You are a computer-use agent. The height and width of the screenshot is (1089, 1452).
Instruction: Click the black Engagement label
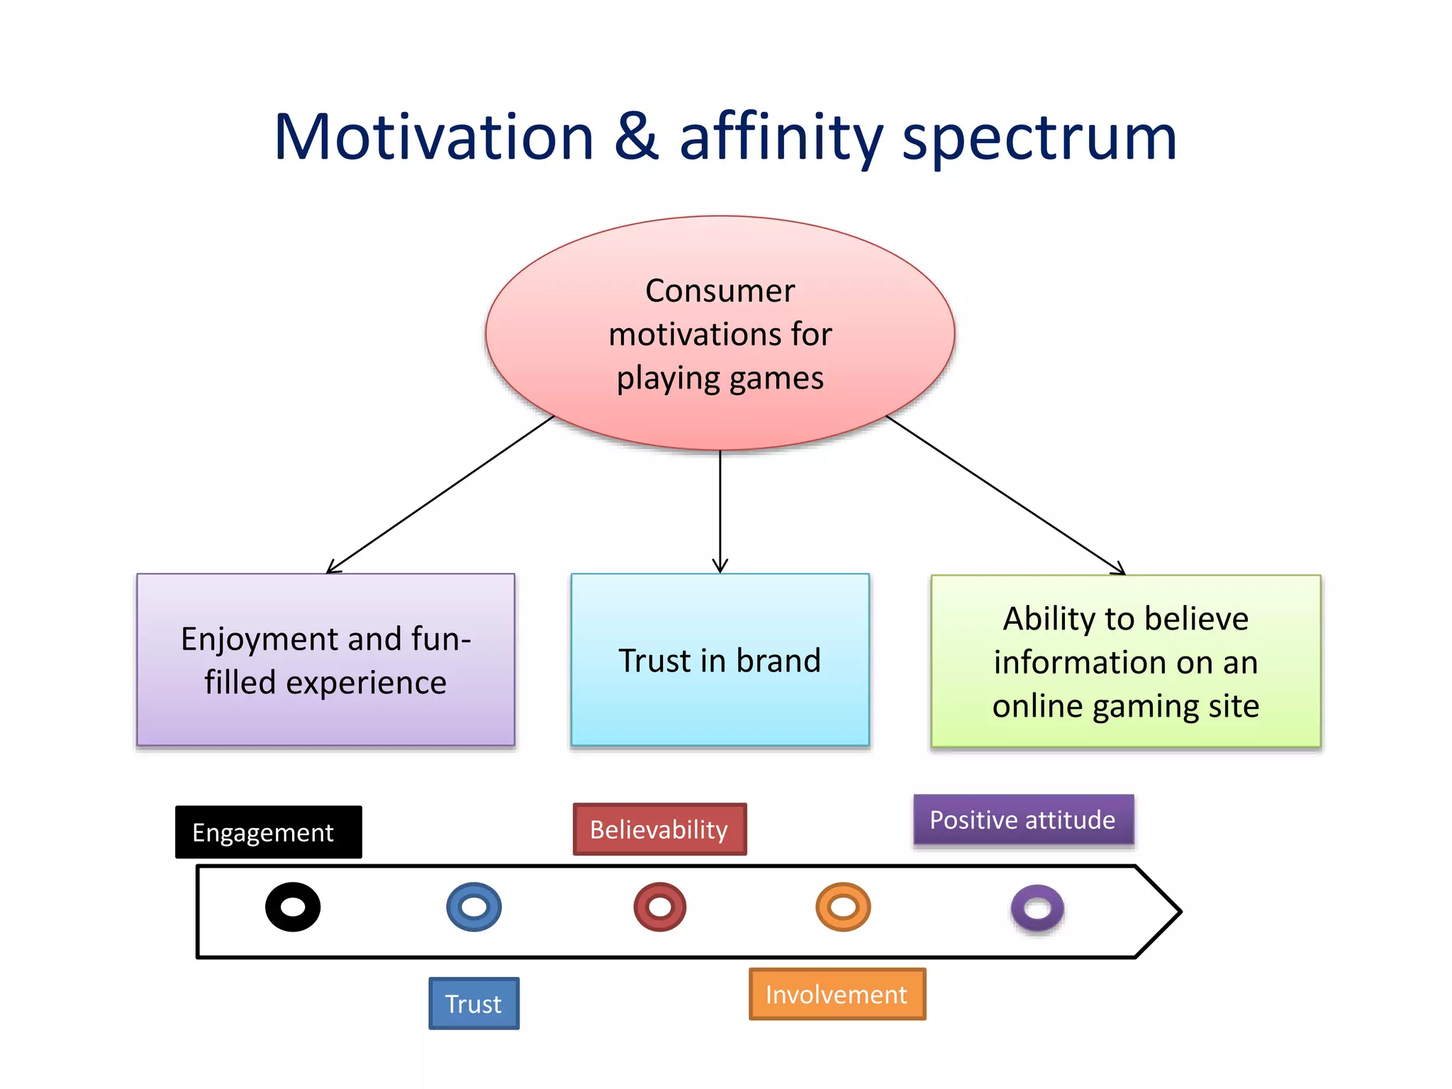click(x=268, y=832)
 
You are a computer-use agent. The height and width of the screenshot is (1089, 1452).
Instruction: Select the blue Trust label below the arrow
click(x=474, y=1003)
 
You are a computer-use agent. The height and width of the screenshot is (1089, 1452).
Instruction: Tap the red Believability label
click(x=659, y=829)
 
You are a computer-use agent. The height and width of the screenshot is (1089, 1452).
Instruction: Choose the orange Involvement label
click(x=837, y=994)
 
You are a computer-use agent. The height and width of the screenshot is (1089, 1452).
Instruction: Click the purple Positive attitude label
click(x=1023, y=820)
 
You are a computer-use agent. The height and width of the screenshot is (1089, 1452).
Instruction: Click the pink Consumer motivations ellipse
click(x=720, y=333)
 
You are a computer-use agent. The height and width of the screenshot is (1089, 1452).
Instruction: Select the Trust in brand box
click(x=720, y=659)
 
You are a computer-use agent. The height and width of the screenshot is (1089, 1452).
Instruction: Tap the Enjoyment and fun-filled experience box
click(x=325, y=659)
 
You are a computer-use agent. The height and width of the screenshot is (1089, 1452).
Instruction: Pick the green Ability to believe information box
click(x=1125, y=661)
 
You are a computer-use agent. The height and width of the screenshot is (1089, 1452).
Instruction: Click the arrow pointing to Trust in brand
click(x=720, y=510)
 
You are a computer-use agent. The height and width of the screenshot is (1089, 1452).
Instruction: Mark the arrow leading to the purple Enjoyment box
click(x=440, y=494)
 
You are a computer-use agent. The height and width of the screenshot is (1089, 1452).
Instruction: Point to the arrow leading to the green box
click(x=1005, y=495)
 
